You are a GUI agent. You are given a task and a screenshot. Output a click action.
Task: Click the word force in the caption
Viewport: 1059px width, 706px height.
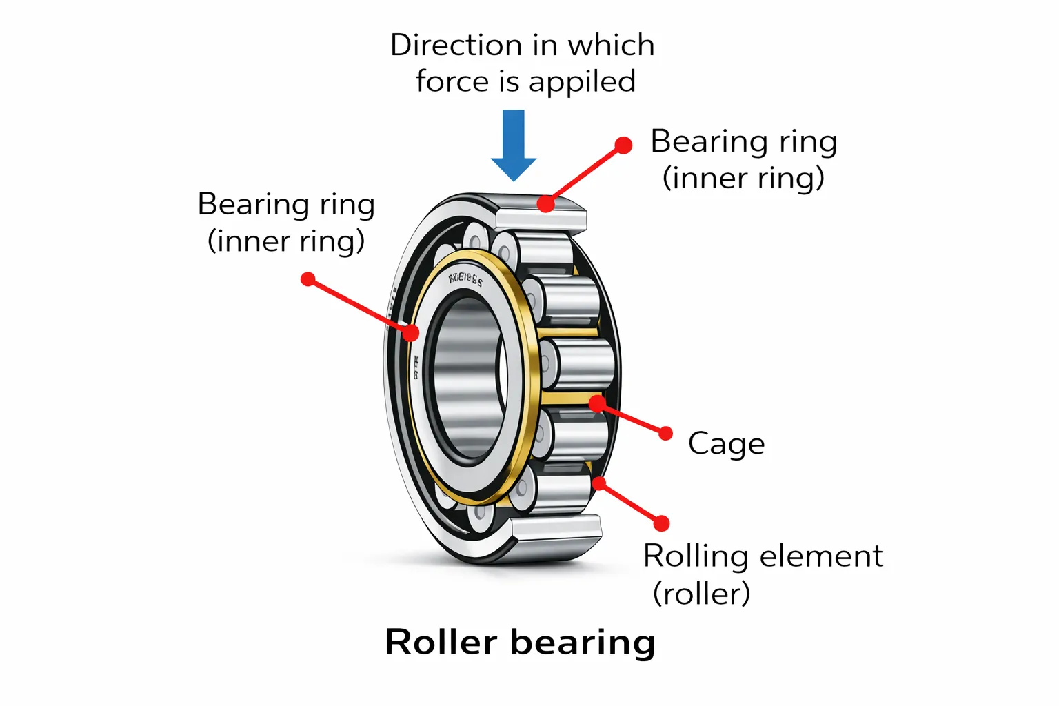point(452,81)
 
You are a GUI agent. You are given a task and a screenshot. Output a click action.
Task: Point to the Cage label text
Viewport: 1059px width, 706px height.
point(726,444)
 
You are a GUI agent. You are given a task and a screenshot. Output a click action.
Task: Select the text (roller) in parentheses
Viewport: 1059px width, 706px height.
point(701,594)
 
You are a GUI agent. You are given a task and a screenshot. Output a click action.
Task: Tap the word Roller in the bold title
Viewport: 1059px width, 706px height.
point(441,643)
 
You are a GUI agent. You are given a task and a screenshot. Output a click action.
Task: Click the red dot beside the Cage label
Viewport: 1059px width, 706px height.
point(665,433)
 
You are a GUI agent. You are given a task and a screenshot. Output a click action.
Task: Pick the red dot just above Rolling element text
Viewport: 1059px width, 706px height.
point(661,523)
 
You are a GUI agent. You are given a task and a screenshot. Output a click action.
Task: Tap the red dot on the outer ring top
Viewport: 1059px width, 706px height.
point(545,203)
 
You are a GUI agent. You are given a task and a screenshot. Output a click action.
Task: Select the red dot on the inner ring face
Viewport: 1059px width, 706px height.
point(411,332)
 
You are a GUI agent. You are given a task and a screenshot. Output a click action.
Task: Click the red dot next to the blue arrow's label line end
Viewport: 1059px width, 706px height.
point(623,145)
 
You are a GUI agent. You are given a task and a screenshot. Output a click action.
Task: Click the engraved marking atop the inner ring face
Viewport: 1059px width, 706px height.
point(466,279)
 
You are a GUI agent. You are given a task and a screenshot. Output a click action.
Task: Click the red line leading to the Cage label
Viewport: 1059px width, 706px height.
point(632,418)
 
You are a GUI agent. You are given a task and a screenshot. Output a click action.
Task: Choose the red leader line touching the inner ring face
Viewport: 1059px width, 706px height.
point(359,305)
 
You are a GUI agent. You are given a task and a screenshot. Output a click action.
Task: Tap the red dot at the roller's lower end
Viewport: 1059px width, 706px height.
point(599,483)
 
